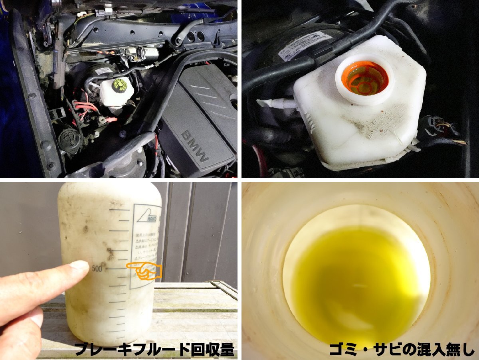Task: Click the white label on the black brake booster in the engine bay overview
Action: tap(103, 71)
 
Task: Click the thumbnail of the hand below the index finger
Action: tap(37, 317)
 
